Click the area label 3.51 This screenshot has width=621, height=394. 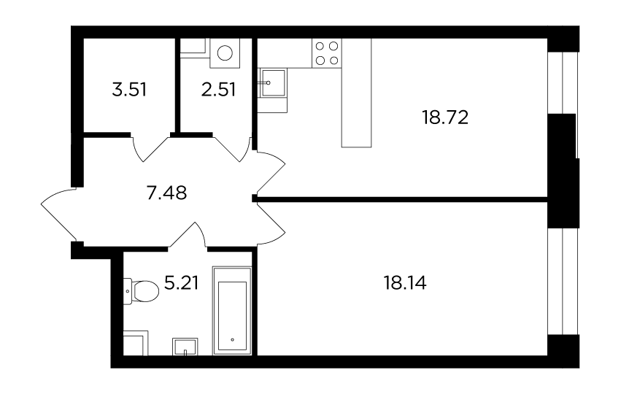click(x=129, y=90)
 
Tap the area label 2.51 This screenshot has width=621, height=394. click(x=219, y=90)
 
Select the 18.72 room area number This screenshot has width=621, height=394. click(x=446, y=117)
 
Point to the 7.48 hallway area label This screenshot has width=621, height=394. click(x=166, y=193)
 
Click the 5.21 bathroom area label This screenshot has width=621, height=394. click(x=182, y=283)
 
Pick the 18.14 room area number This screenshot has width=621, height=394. click(x=405, y=283)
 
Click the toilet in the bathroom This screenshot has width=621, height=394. click(x=141, y=291)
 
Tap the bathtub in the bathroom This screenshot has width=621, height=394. click(x=233, y=311)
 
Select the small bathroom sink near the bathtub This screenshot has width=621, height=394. click(x=185, y=347)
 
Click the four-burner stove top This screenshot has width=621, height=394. click(x=327, y=53)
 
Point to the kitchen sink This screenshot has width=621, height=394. click(x=272, y=82)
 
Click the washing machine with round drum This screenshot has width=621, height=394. click(x=225, y=53)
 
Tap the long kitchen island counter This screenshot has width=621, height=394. click(x=356, y=93)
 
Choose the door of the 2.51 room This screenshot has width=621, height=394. click(x=233, y=150)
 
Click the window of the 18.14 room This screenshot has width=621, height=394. click(x=563, y=282)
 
